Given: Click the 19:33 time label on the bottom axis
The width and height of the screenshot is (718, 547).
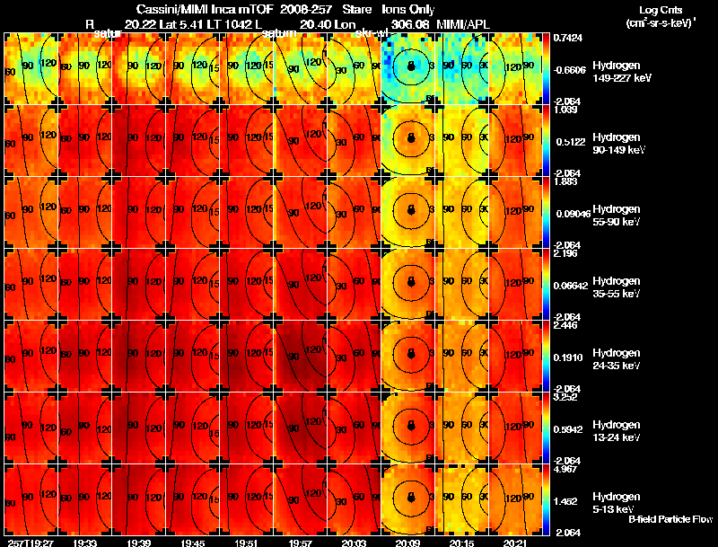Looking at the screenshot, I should tap(85, 543).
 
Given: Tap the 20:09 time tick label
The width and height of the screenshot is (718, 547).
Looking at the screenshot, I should tap(408, 543).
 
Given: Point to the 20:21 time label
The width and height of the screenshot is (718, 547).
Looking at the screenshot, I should tap(515, 543).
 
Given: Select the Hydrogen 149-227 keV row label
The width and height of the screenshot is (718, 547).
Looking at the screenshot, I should tap(619, 72).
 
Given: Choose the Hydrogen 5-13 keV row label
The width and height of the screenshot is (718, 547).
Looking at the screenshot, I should tap(619, 502).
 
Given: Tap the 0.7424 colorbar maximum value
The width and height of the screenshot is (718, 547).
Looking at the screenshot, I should tap(568, 38).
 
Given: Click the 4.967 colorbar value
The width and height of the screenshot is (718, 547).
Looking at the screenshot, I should tap(565, 469).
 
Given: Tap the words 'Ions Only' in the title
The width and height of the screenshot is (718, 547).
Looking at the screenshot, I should tap(408, 9).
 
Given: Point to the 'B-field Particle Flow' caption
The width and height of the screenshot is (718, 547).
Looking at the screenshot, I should tap(670, 519).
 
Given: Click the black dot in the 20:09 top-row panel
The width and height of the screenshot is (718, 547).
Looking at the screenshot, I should tap(410, 66).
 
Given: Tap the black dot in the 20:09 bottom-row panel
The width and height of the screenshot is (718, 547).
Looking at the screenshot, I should tap(410, 496).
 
